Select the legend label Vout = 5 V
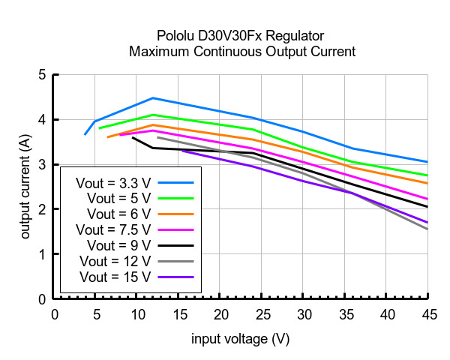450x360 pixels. point(119,198)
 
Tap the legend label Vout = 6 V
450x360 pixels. point(119,214)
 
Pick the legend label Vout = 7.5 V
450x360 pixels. point(114,229)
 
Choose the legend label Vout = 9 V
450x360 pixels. point(119,245)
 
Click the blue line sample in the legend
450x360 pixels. point(176,182)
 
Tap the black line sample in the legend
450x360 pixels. point(176,245)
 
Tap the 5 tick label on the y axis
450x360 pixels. point(42,75)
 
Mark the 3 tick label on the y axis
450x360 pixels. point(42,164)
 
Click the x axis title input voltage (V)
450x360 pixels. point(240,339)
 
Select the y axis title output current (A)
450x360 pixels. point(26,187)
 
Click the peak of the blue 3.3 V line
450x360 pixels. point(153,98)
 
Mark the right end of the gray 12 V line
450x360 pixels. point(427,229)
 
